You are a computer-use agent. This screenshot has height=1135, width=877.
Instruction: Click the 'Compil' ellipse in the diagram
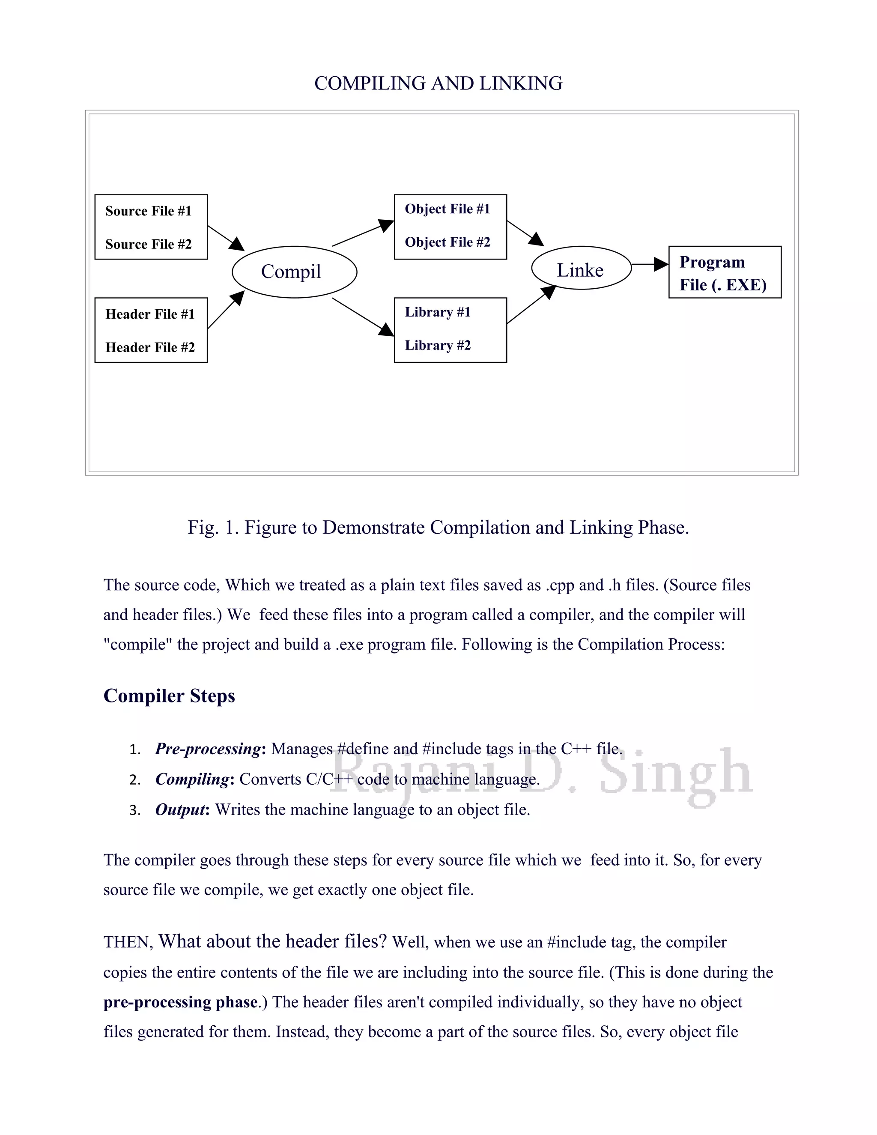(x=294, y=272)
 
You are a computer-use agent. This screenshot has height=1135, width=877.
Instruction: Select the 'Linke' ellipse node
(x=581, y=268)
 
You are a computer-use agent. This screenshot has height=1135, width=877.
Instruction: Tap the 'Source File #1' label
(x=148, y=211)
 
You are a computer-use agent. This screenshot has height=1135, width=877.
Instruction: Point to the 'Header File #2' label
(x=150, y=347)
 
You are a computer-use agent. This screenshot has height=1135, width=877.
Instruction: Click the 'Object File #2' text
(x=447, y=242)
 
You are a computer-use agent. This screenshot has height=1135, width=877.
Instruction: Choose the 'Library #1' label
(x=438, y=312)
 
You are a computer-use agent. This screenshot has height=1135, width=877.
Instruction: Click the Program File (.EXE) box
(x=724, y=272)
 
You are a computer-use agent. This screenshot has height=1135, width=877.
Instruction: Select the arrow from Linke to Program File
(x=650, y=265)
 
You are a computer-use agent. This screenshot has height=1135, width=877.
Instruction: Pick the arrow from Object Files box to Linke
(x=525, y=232)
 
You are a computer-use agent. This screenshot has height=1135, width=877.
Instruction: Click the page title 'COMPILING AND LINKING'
(x=438, y=84)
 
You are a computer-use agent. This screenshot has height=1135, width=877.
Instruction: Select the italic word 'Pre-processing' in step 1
(x=208, y=749)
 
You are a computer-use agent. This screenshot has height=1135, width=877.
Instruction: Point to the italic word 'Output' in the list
(x=180, y=809)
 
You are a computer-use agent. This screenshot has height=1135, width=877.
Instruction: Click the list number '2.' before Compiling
(x=135, y=780)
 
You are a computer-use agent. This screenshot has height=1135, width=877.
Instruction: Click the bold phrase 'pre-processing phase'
(x=180, y=1002)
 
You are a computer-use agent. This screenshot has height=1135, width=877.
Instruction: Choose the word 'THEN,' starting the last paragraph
(x=128, y=942)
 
